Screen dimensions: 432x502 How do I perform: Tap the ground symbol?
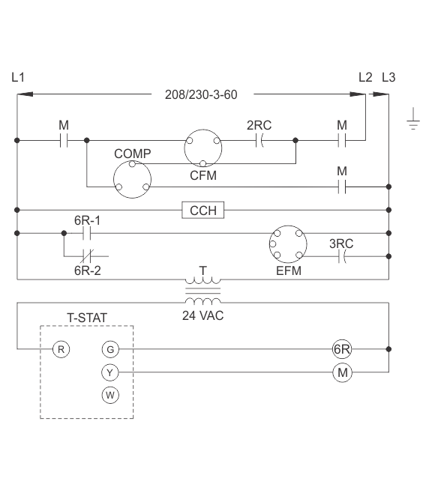[413, 119]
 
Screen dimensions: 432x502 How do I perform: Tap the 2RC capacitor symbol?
[260, 140]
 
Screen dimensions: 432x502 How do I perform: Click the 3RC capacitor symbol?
[342, 256]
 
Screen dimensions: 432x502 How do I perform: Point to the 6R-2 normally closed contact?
[87, 256]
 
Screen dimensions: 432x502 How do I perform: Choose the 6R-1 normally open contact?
[87, 233]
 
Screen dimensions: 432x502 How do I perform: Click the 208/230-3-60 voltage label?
[201, 94]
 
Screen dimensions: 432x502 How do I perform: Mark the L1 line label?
[18, 77]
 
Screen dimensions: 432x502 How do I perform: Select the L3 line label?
[388, 77]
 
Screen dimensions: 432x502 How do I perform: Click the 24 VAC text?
[202, 315]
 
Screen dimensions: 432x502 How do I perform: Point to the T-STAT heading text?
[87, 318]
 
